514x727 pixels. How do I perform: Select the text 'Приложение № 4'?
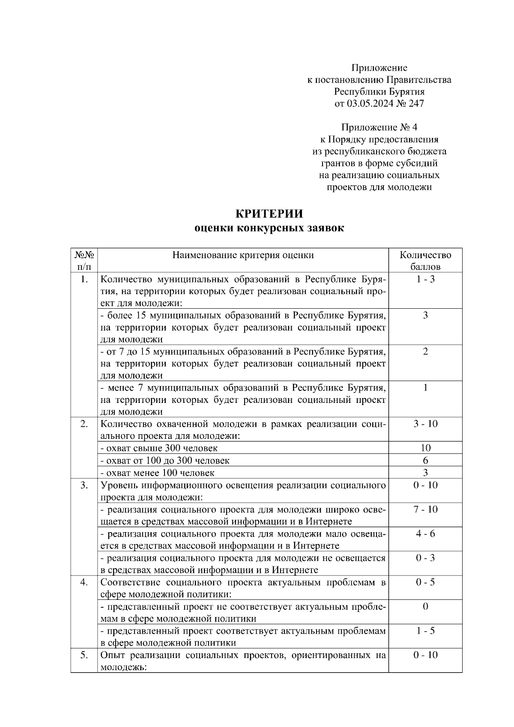pyautogui.click(x=379, y=127)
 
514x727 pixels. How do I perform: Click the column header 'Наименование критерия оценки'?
pyautogui.click(x=243, y=255)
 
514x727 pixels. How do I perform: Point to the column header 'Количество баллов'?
pyautogui.click(x=425, y=261)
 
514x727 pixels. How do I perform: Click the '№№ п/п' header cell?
pyautogui.click(x=84, y=261)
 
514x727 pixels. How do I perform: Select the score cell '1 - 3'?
pyautogui.click(x=425, y=280)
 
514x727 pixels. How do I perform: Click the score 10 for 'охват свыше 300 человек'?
pyautogui.click(x=425, y=448)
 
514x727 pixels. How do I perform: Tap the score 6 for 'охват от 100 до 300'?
pyautogui.click(x=425, y=460)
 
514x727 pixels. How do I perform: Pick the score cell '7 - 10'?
pyautogui.click(x=425, y=509)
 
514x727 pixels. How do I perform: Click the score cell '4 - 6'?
pyautogui.click(x=425, y=533)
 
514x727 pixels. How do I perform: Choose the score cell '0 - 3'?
pyautogui.click(x=425, y=558)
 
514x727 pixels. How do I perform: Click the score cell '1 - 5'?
pyautogui.click(x=425, y=631)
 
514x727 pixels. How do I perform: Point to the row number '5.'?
pyautogui.click(x=84, y=655)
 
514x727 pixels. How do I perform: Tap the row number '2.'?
pyautogui.click(x=84, y=424)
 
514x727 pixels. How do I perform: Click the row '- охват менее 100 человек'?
pyautogui.click(x=157, y=473)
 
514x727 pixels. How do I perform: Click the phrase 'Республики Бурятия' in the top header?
pyautogui.click(x=379, y=91)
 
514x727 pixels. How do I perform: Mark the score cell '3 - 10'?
pyautogui.click(x=425, y=424)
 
